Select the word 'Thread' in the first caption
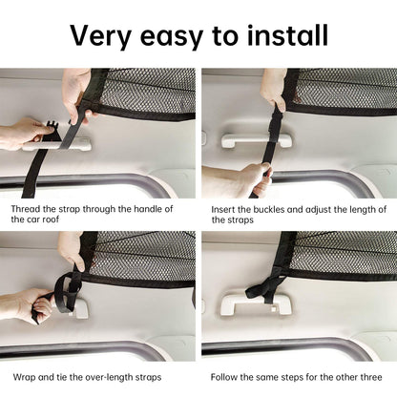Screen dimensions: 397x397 pos(30,206)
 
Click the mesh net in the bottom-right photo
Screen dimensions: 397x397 pos(344,253)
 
